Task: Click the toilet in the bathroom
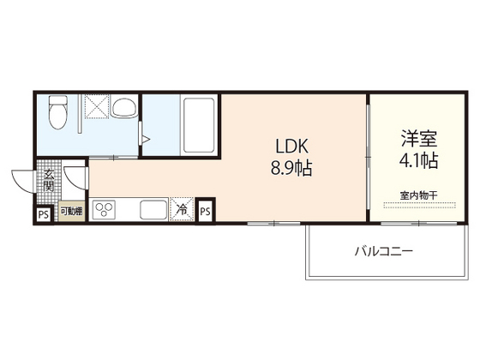tap(59, 110)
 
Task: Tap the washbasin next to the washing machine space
tap(124, 108)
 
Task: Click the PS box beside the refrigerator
tap(205, 210)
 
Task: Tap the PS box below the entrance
tap(43, 213)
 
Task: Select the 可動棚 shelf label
tap(70, 211)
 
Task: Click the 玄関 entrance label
tap(49, 180)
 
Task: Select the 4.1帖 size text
tap(419, 161)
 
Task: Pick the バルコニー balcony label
tap(384, 252)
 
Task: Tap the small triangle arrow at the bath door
tap(147, 138)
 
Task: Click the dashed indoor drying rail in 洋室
tap(418, 206)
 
